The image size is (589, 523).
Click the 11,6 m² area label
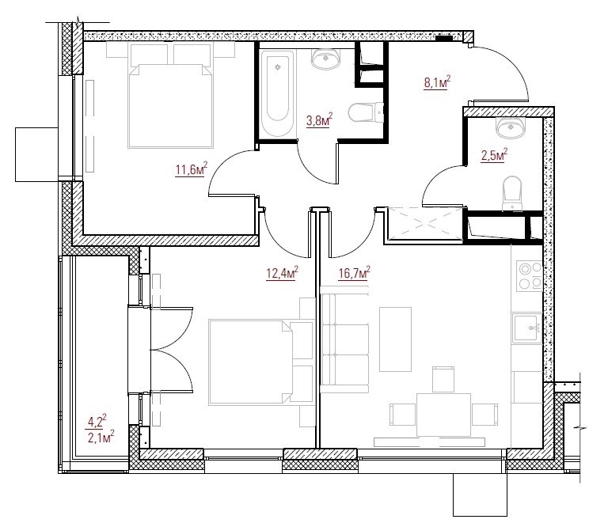click(192, 169)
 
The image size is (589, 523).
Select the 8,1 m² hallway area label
click(437, 81)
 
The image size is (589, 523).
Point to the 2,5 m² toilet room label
click(494, 155)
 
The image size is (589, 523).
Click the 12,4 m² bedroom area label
click(282, 272)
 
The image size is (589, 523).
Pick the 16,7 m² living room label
click(354, 272)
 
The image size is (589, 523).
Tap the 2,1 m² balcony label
click(101, 438)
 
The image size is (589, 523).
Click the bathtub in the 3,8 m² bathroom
click(278, 93)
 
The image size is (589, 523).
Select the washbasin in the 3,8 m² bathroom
click(325, 59)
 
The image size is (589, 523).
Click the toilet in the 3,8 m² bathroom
click(366, 112)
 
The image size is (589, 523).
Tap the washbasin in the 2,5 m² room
click(510, 127)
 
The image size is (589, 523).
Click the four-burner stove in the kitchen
click(530, 276)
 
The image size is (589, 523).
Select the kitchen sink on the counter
click(527, 328)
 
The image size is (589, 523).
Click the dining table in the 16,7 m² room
click(443, 415)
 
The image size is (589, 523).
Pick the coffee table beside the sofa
click(395, 339)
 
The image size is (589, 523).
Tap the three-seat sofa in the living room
click(344, 339)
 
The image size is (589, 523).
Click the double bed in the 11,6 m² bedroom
click(170, 105)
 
